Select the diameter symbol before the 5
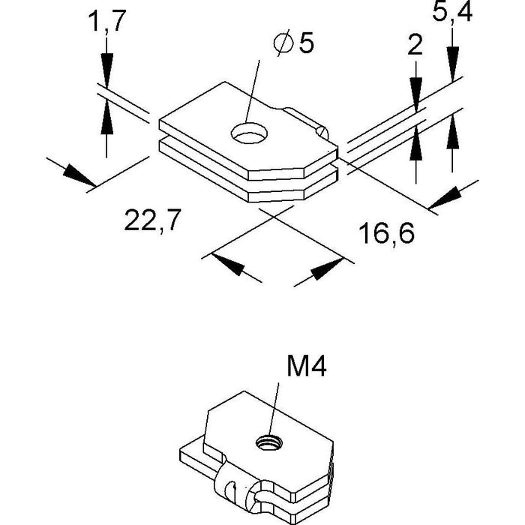283,43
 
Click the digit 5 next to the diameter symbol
305,43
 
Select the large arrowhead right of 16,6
447,196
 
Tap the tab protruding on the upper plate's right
311,123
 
